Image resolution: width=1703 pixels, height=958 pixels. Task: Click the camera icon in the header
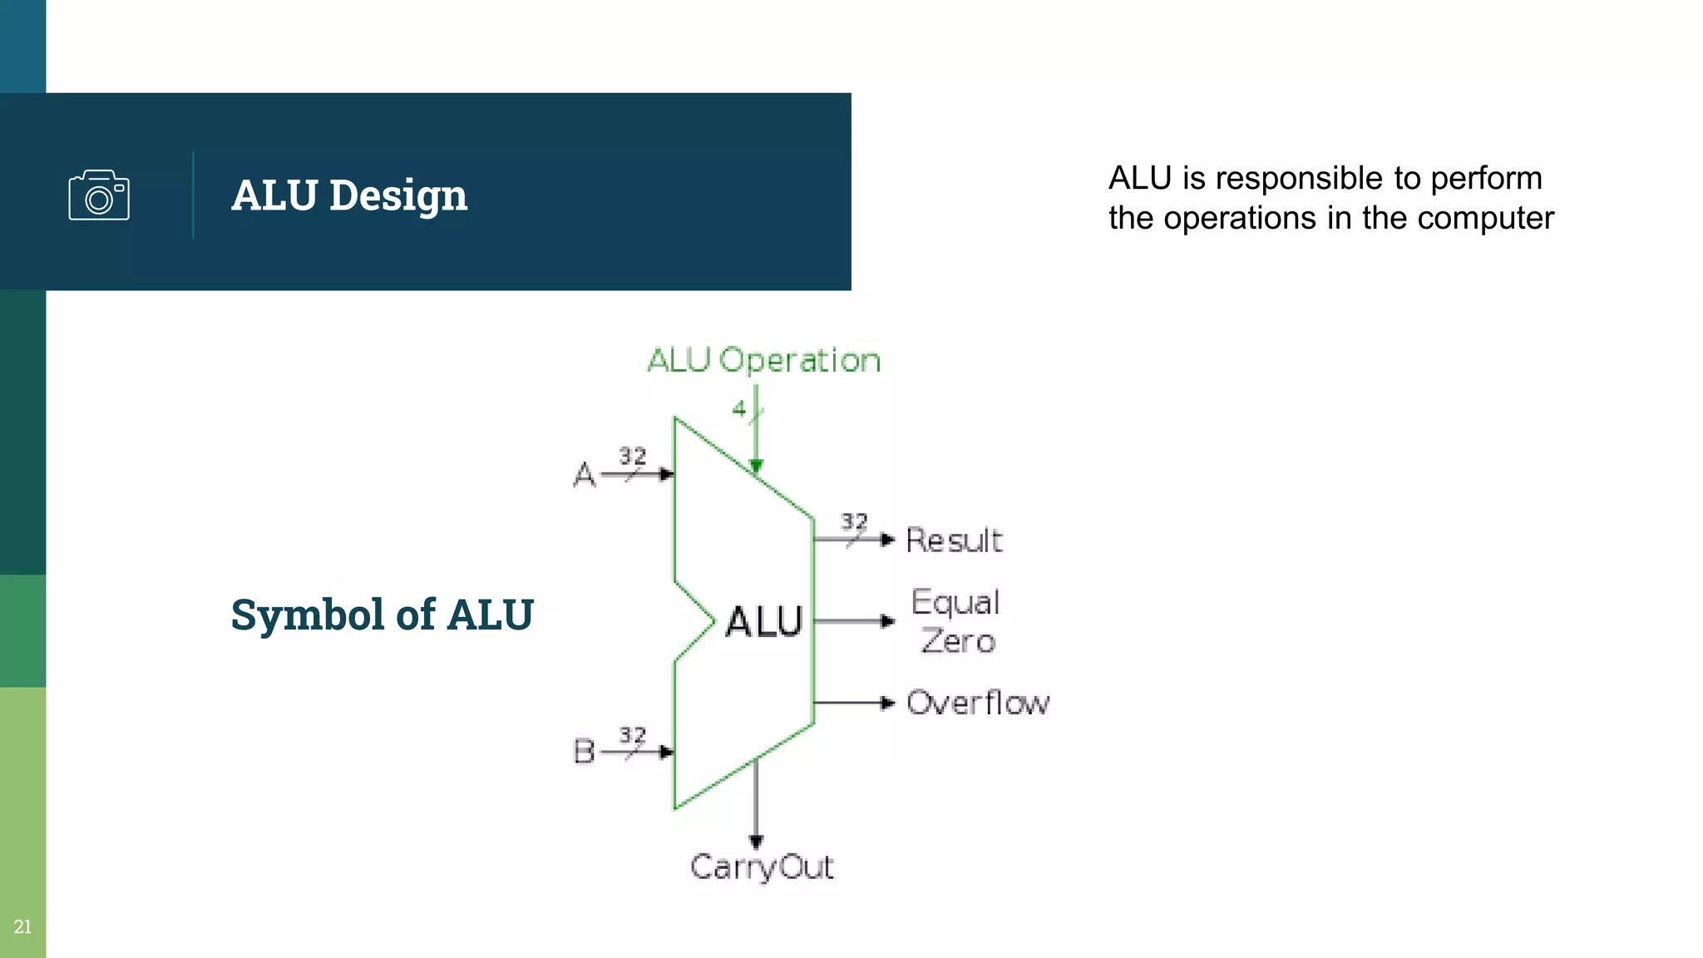(x=99, y=195)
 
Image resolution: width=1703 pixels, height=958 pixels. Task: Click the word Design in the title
(x=397, y=196)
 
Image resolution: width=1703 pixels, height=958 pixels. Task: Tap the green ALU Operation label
(x=763, y=360)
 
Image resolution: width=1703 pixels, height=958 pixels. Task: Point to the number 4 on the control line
(x=738, y=408)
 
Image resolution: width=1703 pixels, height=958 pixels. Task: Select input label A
(x=585, y=475)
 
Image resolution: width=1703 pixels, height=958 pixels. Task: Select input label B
(x=584, y=752)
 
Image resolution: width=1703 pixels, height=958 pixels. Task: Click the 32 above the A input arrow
(x=632, y=456)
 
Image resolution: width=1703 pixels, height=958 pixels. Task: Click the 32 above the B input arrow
(x=632, y=735)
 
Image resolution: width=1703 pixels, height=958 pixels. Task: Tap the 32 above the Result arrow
(x=854, y=521)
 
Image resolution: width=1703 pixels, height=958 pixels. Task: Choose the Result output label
(x=954, y=541)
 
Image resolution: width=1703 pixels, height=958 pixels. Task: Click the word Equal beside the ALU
(x=955, y=602)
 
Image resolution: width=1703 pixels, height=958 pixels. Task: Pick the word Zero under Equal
(x=957, y=641)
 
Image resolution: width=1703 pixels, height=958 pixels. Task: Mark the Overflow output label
(x=978, y=704)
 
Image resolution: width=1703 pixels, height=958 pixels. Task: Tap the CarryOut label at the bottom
(x=761, y=867)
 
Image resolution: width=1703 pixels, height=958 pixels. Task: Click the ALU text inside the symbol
(x=763, y=622)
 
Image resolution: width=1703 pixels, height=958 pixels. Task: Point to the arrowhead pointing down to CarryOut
(x=756, y=842)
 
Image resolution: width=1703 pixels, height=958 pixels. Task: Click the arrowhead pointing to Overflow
(x=887, y=704)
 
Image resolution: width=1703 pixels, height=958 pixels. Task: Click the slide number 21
(x=22, y=926)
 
